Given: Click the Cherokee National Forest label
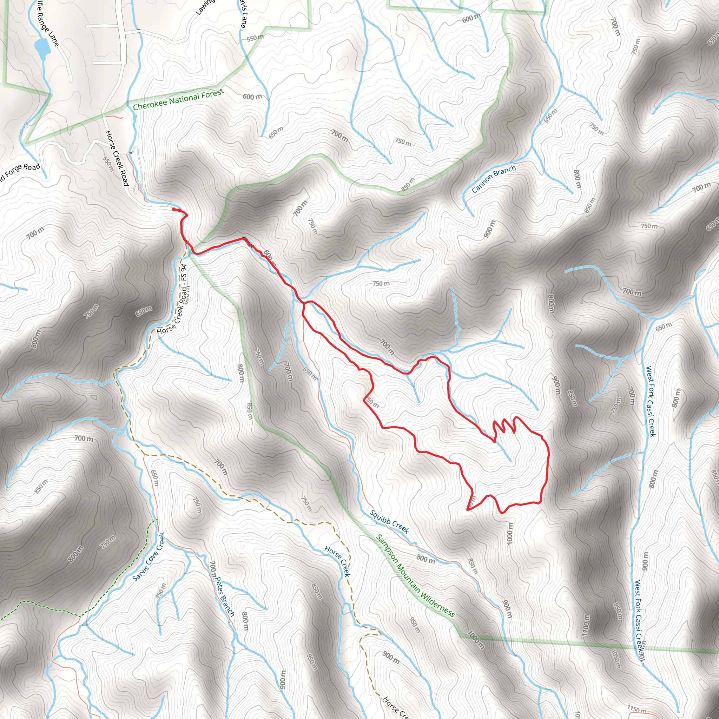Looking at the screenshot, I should pyautogui.click(x=178, y=99).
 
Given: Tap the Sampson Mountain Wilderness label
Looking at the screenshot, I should pyautogui.click(x=415, y=576).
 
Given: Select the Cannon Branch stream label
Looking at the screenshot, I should pyautogui.click(x=494, y=179).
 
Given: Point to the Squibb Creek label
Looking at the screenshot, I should pyautogui.click(x=389, y=521).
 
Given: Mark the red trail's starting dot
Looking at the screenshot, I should pyautogui.click(x=174, y=210).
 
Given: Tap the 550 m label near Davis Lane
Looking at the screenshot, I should pyautogui.click(x=255, y=38).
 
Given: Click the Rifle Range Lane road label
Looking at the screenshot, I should pyautogui.click(x=47, y=23).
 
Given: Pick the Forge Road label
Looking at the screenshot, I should pyautogui.click(x=19, y=173).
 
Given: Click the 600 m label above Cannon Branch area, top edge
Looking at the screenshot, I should pyautogui.click(x=471, y=18).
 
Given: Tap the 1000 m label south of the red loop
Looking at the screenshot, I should pyautogui.click(x=509, y=533).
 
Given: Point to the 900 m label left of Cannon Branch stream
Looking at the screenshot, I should pyautogui.click(x=490, y=229).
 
